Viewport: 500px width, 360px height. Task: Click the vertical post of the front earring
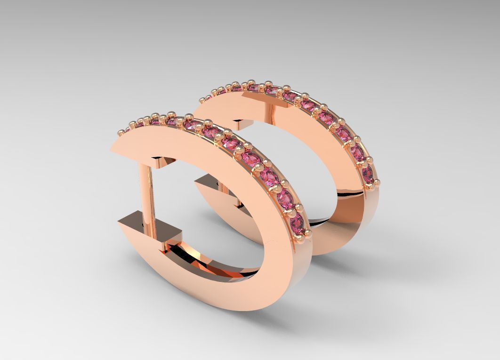click(x=147, y=188)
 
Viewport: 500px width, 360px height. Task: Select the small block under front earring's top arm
click(x=163, y=162)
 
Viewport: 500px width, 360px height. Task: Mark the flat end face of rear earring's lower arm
click(x=207, y=182)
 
